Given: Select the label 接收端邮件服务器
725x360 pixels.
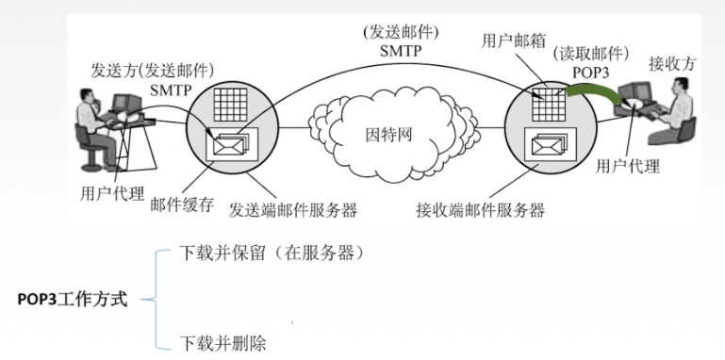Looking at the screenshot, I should [x=481, y=209].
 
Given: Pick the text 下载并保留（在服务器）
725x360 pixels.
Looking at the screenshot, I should [x=271, y=254].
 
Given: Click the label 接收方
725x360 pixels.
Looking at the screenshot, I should [x=669, y=64].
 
